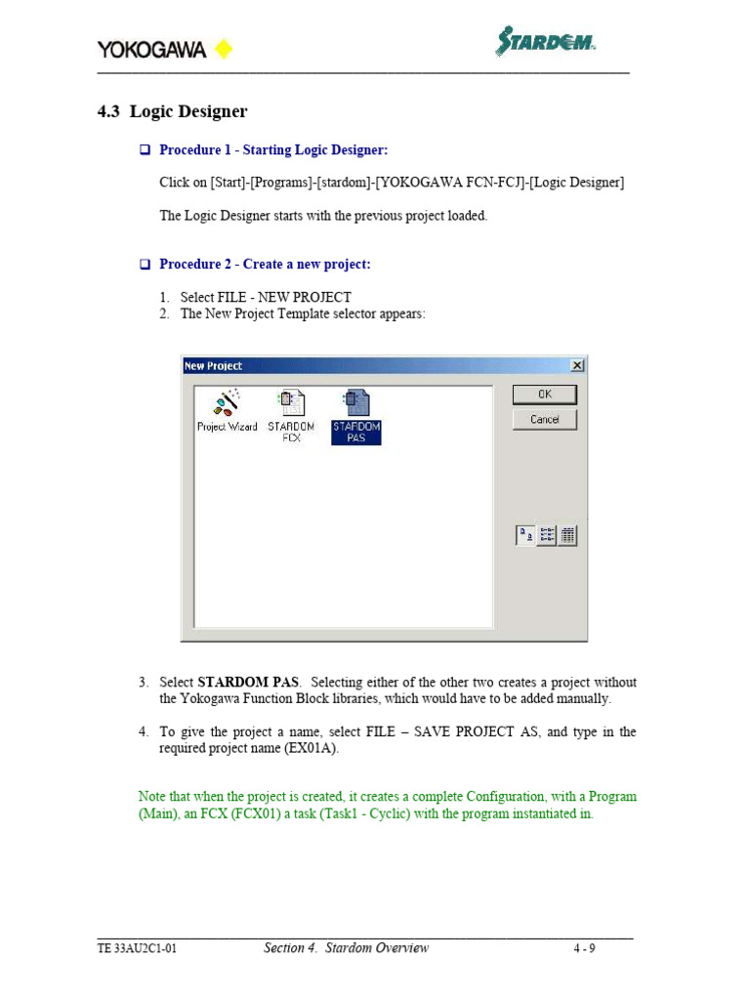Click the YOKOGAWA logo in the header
(x=151, y=49)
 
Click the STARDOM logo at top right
(x=545, y=42)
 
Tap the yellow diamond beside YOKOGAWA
(x=223, y=49)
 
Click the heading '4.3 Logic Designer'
(x=172, y=111)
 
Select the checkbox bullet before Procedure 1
(x=144, y=150)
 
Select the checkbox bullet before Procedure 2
(x=144, y=265)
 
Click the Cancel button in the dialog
(x=545, y=419)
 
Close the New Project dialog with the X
(x=577, y=365)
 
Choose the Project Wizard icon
(x=228, y=402)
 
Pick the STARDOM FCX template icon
(x=291, y=402)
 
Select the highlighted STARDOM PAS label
(x=355, y=432)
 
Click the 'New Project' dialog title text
(x=214, y=366)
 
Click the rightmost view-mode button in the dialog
(x=567, y=534)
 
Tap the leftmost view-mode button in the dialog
(x=525, y=534)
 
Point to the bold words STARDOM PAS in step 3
(x=248, y=682)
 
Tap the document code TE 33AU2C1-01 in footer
(x=137, y=948)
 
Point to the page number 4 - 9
(x=584, y=948)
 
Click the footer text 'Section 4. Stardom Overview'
(x=346, y=948)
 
